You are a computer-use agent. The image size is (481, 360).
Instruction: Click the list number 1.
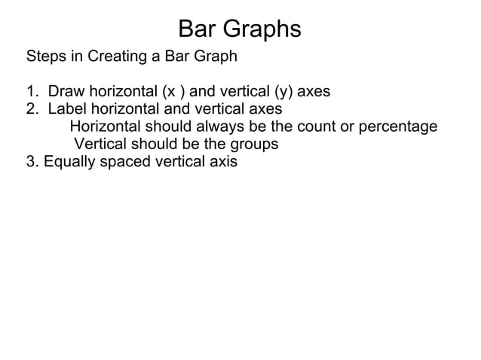32,92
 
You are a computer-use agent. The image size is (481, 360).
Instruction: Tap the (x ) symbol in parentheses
173,92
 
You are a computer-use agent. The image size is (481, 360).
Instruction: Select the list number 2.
32,109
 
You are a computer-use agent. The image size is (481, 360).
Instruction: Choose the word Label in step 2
67,109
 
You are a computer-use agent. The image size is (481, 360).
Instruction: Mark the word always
219,127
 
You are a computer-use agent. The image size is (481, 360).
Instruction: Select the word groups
253,143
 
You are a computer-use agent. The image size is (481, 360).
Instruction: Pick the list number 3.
32,160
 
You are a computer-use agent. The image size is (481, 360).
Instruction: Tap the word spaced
123,160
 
